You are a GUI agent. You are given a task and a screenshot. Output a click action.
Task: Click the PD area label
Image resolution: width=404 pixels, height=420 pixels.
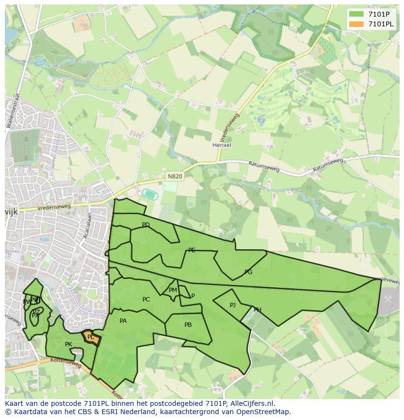(145, 225)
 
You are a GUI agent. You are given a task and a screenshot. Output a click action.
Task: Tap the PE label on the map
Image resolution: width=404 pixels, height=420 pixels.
(192, 250)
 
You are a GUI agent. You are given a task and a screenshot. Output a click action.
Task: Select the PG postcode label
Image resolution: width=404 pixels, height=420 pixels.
(248, 272)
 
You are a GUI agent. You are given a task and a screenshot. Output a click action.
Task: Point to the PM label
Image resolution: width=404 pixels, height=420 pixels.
(173, 290)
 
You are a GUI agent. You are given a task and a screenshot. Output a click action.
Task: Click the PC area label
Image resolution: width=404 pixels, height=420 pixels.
(146, 300)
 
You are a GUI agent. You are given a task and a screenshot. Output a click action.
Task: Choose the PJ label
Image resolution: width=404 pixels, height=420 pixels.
(233, 305)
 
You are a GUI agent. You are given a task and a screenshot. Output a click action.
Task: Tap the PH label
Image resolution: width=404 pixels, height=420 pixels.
(257, 310)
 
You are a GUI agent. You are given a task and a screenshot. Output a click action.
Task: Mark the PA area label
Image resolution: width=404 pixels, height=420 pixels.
(123, 321)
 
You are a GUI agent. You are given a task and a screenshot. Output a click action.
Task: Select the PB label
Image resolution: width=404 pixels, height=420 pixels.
(188, 325)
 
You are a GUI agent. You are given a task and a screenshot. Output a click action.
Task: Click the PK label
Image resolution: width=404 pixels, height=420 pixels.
(68, 344)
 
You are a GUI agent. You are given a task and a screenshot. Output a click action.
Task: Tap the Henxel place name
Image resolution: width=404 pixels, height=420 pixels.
(222, 145)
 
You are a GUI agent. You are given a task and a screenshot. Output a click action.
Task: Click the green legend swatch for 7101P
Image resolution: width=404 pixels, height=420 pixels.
(356, 14)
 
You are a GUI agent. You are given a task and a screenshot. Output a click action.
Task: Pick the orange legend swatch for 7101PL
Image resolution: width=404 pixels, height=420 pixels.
(356, 24)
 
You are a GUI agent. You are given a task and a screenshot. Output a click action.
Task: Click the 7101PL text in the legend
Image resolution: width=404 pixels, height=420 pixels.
(381, 24)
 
